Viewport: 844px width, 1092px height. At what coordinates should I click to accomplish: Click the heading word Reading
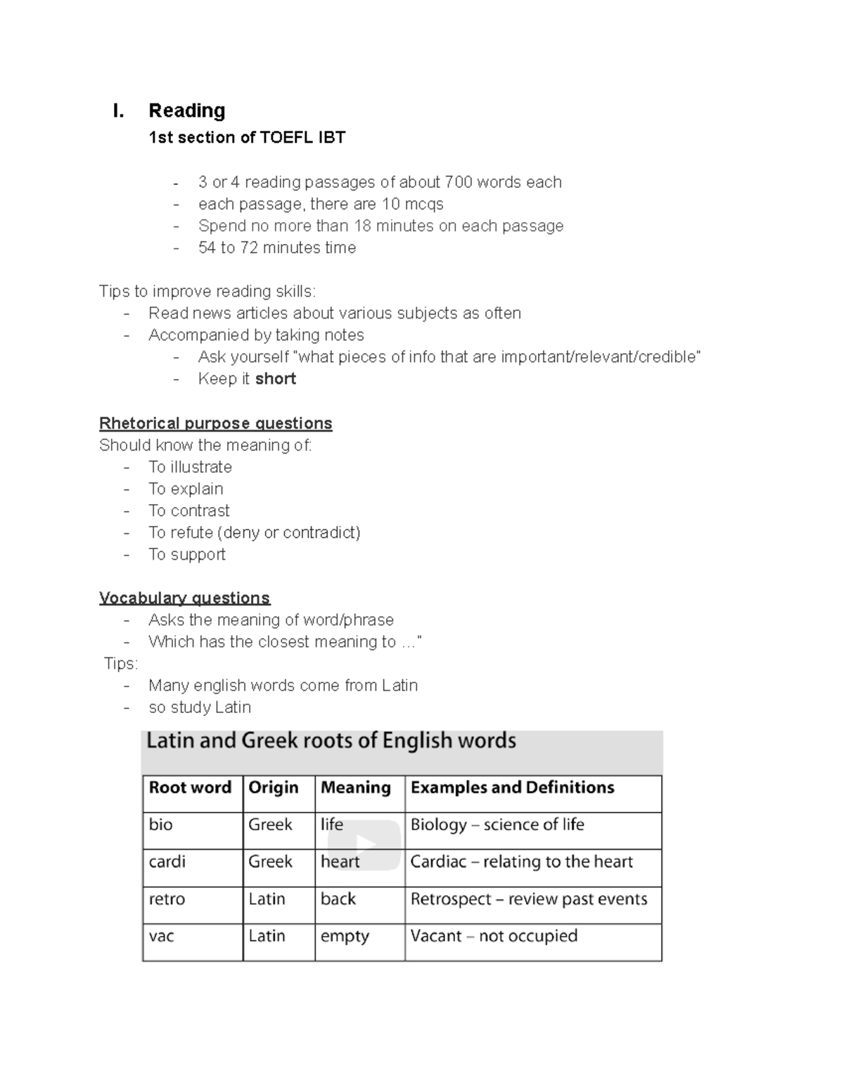point(187,110)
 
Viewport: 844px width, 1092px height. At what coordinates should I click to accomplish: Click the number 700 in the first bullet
point(458,182)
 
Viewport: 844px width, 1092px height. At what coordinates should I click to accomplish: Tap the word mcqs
point(424,204)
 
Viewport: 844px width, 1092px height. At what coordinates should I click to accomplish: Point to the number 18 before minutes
point(362,226)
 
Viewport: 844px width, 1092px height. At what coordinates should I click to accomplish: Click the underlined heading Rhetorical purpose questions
point(215,423)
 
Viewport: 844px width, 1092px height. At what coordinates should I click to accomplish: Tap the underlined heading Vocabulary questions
point(184,598)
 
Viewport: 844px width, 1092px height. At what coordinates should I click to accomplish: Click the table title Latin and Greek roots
point(331,740)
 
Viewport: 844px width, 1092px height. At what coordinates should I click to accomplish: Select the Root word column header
point(190,788)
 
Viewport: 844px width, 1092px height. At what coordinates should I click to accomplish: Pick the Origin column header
point(274,788)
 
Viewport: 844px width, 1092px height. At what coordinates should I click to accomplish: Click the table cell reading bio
point(161,824)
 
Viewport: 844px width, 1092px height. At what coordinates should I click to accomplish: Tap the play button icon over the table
point(364,844)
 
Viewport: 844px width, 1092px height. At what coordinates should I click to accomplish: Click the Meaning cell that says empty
point(345,936)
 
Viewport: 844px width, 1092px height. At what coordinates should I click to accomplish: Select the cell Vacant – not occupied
point(494,936)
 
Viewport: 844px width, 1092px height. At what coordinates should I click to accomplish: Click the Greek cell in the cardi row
point(270,861)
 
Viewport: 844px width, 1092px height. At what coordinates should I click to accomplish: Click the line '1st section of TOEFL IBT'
point(247,137)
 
